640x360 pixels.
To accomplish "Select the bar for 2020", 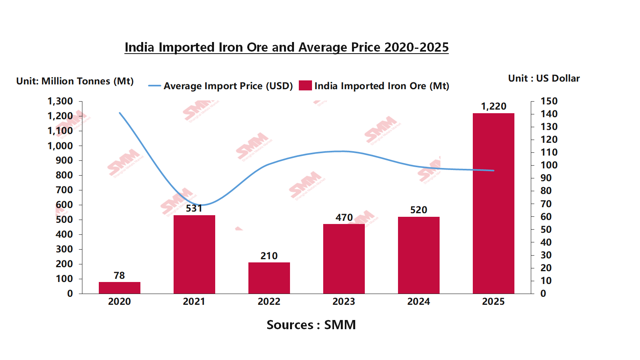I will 119,288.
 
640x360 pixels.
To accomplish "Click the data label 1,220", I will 494,106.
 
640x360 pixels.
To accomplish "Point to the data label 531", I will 194,208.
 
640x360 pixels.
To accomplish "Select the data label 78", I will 119,276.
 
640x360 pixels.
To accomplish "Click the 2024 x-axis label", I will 418,302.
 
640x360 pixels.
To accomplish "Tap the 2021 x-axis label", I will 194,302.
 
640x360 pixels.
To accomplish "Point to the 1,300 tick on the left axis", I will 60,101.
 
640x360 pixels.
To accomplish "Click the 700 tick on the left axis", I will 64,190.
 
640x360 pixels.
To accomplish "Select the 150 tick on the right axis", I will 549,101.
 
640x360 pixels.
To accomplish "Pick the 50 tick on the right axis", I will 546,230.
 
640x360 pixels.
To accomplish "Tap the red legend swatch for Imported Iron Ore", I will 305,86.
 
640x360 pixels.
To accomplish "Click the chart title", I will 286,47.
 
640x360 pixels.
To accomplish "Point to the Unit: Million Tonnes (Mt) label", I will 75,81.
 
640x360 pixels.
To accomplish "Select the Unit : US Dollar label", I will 544,78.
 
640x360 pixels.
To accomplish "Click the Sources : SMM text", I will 311,325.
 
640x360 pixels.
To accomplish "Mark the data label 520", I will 418,210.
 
